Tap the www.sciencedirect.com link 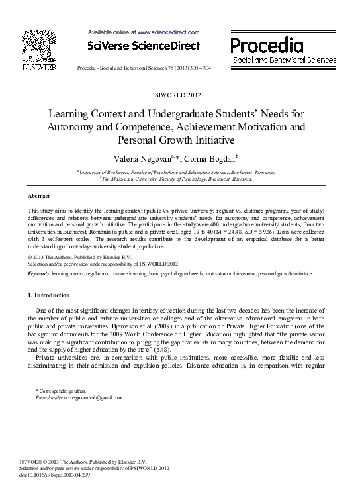click(x=168, y=32)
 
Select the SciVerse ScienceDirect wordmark click(x=143, y=46)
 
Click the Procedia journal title click(x=267, y=45)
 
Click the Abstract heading click(x=39, y=197)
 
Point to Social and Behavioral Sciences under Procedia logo click(x=284, y=60)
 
